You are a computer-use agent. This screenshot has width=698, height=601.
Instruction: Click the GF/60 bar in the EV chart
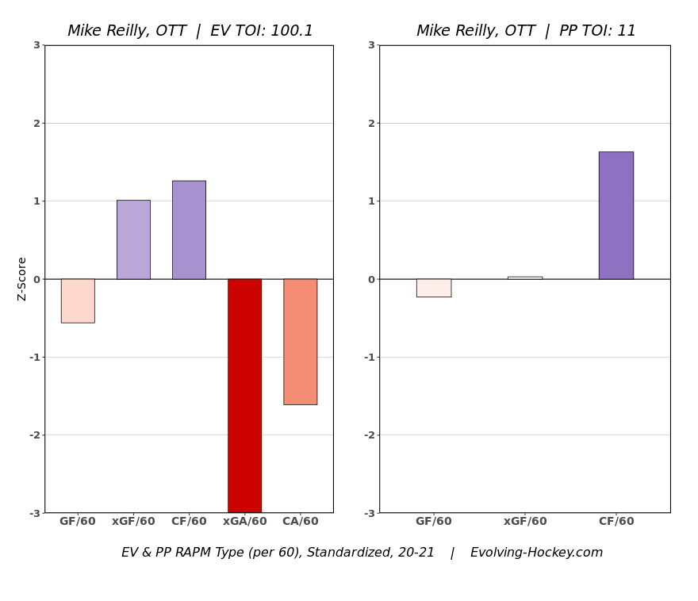[x=78, y=300]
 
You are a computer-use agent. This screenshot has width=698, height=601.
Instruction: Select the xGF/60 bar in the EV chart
[x=133, y=239]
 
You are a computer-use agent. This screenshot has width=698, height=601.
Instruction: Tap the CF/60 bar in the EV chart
[x=189, y=230]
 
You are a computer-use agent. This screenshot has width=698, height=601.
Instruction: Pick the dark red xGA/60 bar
[x=244, y=395]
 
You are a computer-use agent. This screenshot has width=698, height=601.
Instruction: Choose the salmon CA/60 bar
[x=300, y=342]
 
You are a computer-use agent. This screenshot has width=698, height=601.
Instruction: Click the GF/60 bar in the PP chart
[x=434, y=288]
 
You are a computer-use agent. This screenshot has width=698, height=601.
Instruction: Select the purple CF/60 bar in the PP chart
[x=616, y=215]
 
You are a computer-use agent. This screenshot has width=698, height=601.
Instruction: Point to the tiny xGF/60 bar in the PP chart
[x=525, y=278]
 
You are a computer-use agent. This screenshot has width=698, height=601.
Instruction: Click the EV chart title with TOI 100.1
[x=190, y=31]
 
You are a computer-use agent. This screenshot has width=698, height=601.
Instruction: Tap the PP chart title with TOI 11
[x=526, y=31]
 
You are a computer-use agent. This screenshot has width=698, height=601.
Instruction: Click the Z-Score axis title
[x=22, y=278]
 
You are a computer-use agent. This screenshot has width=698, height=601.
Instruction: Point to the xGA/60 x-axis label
[x=244, y=522]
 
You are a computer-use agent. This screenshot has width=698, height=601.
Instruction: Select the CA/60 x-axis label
[x=300, y=522]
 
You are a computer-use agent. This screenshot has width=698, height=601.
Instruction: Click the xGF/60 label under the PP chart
[x=525, y=522]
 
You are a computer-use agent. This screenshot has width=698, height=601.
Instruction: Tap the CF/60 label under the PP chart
[x=616, y=522]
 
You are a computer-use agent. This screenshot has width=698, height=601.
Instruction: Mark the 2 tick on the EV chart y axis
[x=36, y=123]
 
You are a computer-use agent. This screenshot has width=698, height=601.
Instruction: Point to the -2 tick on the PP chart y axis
[x=369, y=434]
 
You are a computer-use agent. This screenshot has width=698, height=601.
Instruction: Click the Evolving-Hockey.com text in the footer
[x=536, y=553]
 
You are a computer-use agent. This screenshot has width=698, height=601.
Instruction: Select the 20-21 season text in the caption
[x=415, y=553]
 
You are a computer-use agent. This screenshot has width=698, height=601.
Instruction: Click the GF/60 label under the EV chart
[x=78, y=522]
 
